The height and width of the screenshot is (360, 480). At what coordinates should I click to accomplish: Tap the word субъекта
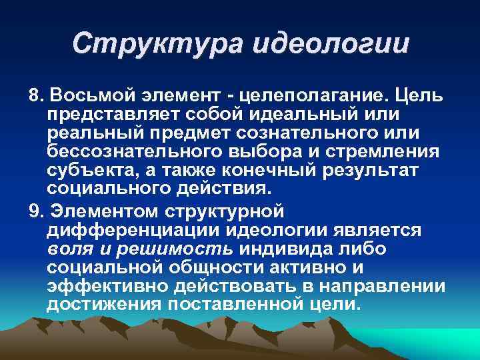click(91, 170)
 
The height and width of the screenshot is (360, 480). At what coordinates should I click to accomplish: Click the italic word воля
click(67, 249)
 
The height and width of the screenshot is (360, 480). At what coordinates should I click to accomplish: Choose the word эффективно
click(107, 286)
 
